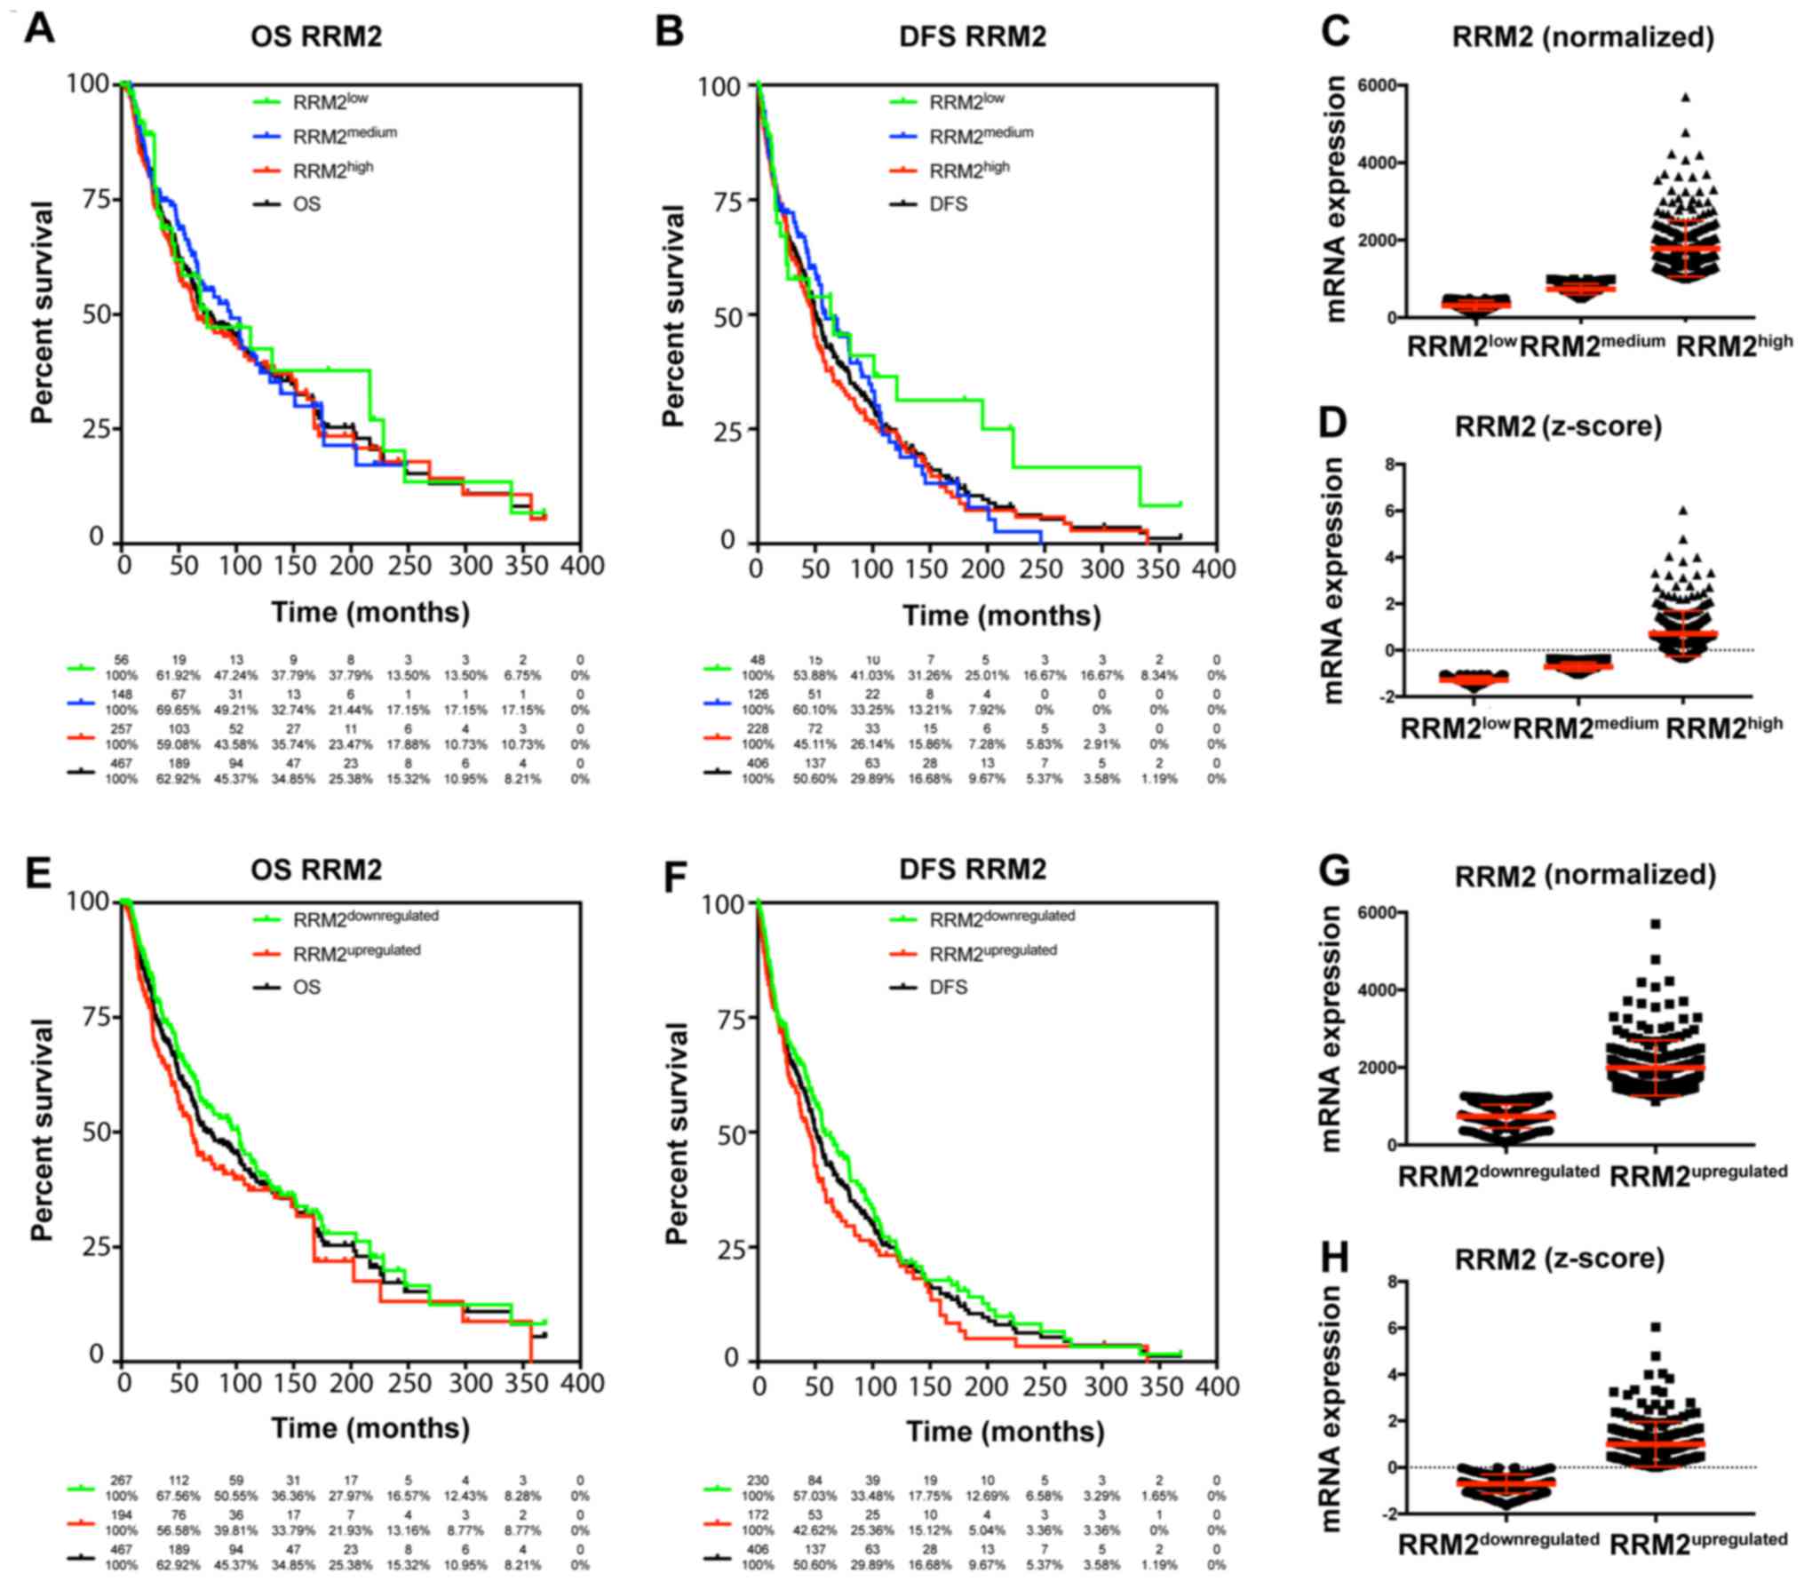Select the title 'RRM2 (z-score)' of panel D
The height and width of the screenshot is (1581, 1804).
coord(1557,426)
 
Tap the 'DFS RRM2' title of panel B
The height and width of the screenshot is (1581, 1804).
coord(972,36)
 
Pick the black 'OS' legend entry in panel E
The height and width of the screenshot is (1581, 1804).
coord(306,987)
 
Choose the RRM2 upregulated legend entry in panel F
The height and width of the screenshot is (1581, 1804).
coord(992,952)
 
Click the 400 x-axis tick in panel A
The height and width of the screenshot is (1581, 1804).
coord(582,565)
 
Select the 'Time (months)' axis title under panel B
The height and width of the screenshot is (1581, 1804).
coord(1001,615)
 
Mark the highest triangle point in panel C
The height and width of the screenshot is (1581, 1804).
coord(1685,98)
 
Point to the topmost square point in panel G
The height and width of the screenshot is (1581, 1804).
coord(1656,925)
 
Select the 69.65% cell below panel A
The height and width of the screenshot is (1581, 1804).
coord(179,710)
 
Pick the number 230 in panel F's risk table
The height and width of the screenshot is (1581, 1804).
coord(757,1481)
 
